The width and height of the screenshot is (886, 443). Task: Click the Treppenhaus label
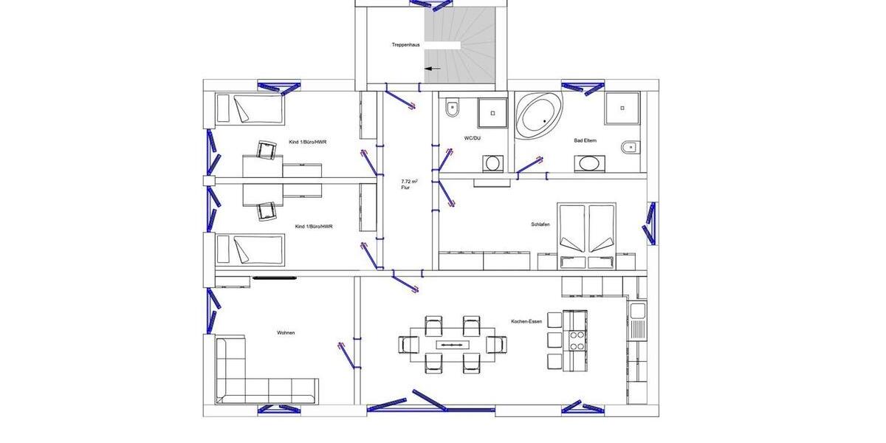point(405,45)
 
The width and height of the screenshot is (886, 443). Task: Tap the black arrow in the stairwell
point(433,69)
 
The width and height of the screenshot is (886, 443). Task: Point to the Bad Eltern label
point(585,140)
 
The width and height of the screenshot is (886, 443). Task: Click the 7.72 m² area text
point(408,181)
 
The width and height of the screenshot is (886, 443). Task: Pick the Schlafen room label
point(540,224)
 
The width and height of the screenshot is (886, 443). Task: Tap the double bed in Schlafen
point(587,230)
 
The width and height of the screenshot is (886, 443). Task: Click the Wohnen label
point(286,333)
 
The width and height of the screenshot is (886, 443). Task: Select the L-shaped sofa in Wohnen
point(255,377)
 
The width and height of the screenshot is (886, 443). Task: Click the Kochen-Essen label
point(526,322)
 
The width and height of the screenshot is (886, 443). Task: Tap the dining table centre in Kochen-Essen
point(453,344)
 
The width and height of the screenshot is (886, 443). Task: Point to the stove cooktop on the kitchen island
point(576,340)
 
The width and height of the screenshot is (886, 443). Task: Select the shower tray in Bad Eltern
point(622,108)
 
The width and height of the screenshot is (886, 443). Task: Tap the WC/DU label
point(473,138)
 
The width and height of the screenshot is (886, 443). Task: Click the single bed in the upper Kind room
point(250,109)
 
